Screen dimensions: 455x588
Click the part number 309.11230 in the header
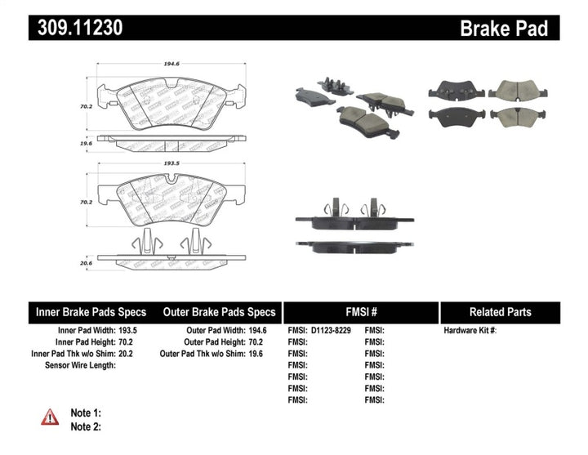80,29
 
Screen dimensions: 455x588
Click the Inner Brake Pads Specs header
91,312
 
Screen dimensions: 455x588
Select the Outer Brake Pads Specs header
219,312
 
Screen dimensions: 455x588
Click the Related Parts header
500,312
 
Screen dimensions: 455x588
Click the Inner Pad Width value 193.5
129,331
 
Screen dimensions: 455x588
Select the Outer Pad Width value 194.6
258,331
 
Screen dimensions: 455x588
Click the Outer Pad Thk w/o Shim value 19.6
258,354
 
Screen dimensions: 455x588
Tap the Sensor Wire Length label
79,365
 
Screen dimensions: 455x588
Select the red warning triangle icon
51,417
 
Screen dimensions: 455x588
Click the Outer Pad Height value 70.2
258,342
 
